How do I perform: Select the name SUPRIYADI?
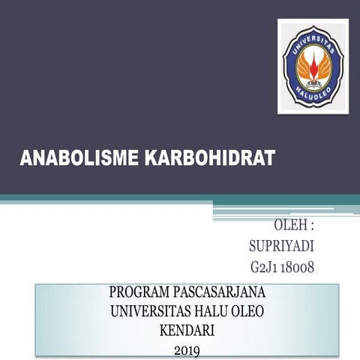280,246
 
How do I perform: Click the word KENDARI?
187,329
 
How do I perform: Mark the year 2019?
187,349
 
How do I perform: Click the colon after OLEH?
310,226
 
